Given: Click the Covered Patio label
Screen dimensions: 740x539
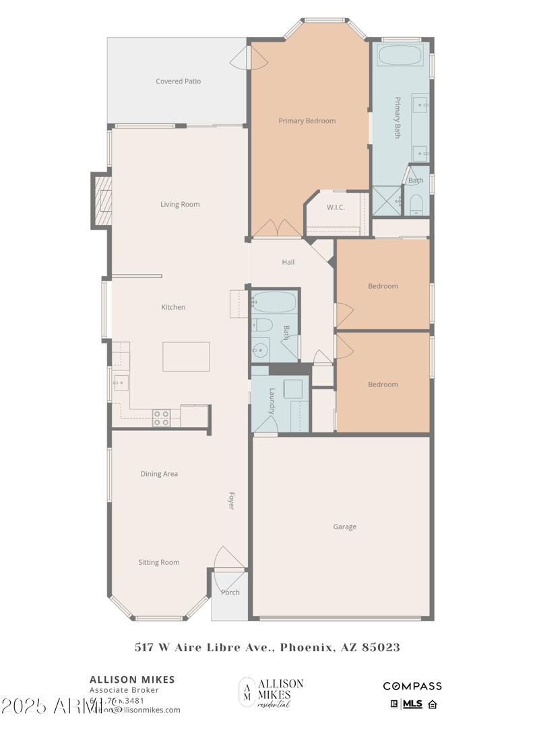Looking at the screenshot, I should coord(179,81).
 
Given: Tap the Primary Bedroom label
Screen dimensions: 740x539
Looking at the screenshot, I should coord(307,121).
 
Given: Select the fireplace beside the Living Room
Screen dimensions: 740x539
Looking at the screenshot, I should coord(102,201).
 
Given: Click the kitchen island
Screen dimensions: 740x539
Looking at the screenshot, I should coord(186,356).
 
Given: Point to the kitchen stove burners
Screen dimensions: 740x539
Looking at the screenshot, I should coord(162,418).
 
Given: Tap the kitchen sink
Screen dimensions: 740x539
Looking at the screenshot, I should coord(120,383).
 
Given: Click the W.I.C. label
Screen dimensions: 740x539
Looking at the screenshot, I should coord(336,207).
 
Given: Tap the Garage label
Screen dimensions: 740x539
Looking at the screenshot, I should coord(344,527).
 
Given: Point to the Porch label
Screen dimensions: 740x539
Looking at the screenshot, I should coord(230,593).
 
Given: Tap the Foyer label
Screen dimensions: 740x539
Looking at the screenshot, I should coord(230,501).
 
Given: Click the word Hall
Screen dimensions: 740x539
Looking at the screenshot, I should coord(288,263).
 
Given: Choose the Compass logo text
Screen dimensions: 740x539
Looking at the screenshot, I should coord(412,686).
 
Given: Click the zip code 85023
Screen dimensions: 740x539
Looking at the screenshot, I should coord(381,648).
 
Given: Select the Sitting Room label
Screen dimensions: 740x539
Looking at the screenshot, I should coord(159,563).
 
